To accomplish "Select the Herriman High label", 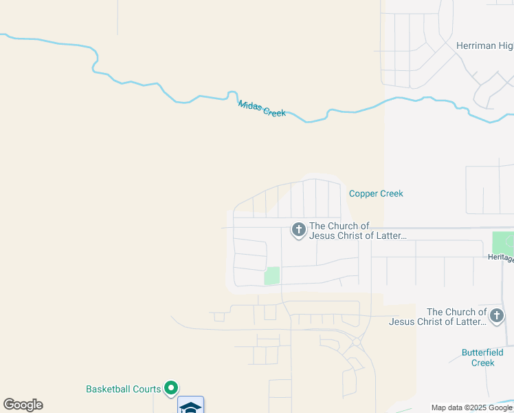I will (x=484, y=46).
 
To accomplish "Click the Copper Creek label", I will (x=376, y=193).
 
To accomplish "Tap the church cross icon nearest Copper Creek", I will (x=298, y=229).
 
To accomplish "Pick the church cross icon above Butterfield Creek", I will (x=497, y=316).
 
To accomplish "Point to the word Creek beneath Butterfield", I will (x=483, y=363).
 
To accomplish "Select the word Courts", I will (x=147, y=389).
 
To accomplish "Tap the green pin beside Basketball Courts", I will (x=172, y=389).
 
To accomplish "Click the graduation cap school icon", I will (x=190, y=406).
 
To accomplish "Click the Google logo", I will (x=23, y=405).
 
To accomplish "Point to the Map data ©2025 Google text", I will (x=472, y=407).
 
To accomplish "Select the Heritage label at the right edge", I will (x=500, y=257).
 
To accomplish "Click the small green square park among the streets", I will (x=272, y=275).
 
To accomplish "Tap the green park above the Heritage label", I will (x=503, y=242).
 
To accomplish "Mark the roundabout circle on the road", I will (x=356, y=341).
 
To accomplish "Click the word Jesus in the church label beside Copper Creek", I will (x=322, y=236).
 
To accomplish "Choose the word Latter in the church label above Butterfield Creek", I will (x=470, y=321).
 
